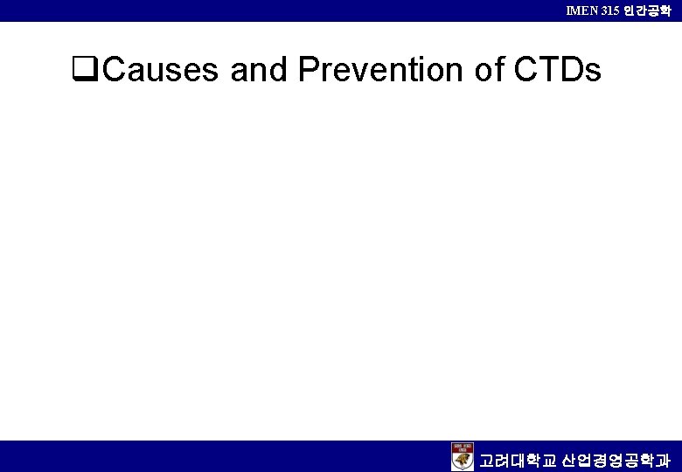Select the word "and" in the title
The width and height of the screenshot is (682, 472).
pyautogui.click(x=258, y=69)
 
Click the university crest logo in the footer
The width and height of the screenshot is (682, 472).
pyautogui.click(x=463, y=456)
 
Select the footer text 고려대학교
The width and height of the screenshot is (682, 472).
pyautogui.click(x=517, y=459)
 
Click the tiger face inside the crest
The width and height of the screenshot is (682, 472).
pyautogui.click(x=463, y=461)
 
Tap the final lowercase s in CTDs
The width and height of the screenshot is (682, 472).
pyautogui.click(x=592, y=71)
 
